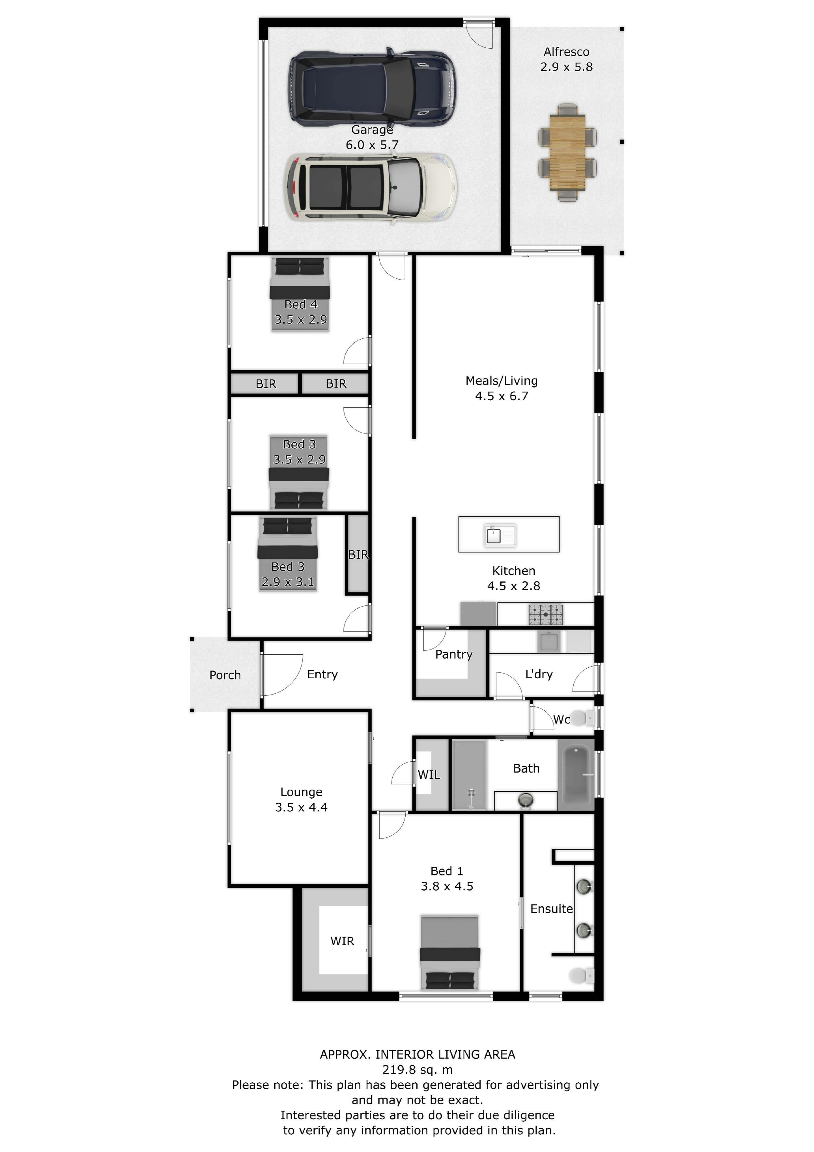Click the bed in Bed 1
tap(450, 952)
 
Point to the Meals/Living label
tap(502, 381)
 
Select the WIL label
tap(429, 775)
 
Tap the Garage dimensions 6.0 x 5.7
tap(372, 145)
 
